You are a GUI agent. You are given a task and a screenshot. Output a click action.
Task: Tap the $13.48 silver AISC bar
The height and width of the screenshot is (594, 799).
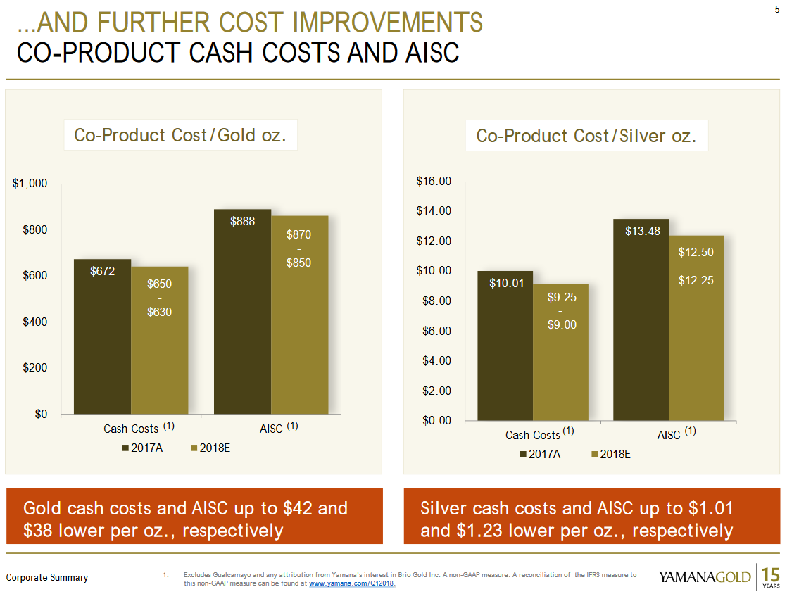point(641,320)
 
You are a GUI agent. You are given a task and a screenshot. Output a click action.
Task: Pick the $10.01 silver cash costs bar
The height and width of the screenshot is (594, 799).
point(505,346)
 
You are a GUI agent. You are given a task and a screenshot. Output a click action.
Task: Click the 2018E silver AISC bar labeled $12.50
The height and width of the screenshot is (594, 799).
point(696,328)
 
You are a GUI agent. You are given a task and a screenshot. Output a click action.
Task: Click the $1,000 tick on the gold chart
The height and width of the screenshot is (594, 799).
point(30,184)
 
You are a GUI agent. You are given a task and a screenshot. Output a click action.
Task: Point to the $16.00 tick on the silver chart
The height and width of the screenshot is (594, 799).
point(434,182)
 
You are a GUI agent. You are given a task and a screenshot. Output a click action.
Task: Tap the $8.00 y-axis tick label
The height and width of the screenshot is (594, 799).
point(437,301)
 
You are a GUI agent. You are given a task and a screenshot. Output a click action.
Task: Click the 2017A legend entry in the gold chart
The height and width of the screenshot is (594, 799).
point(142,448)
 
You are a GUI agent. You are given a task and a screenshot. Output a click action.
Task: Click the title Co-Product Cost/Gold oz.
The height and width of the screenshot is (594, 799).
point(180,135)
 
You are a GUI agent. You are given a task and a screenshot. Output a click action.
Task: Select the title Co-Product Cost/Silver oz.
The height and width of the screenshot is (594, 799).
point(586,136)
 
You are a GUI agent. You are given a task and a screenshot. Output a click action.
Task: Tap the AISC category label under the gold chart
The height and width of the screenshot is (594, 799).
point(271,429)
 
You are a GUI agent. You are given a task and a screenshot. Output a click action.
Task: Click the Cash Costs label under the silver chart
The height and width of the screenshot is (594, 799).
point(533,435)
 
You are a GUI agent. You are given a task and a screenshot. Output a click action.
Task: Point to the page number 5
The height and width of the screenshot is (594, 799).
point(777,9)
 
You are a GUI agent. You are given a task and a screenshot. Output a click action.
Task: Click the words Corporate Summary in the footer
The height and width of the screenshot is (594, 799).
point(47,578)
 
